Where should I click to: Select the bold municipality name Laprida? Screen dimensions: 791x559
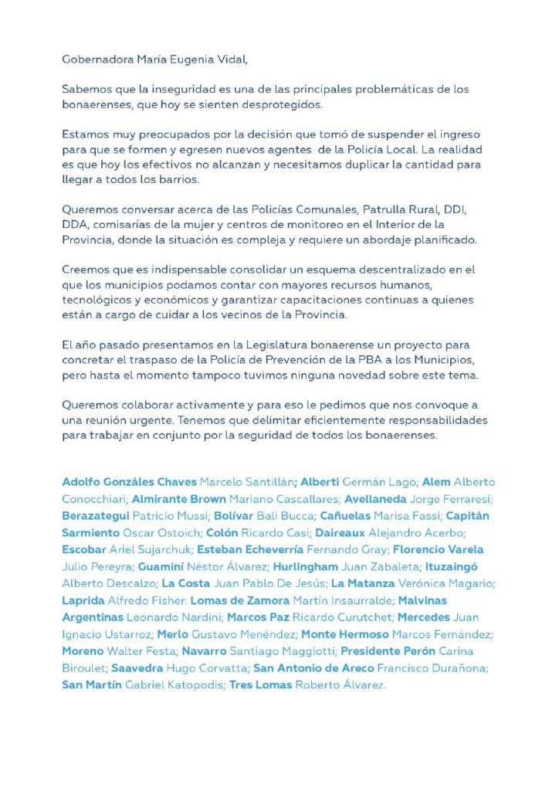[85, 600]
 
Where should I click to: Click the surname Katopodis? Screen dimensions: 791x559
[191, 685]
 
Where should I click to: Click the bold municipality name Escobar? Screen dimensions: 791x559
[84, 549]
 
